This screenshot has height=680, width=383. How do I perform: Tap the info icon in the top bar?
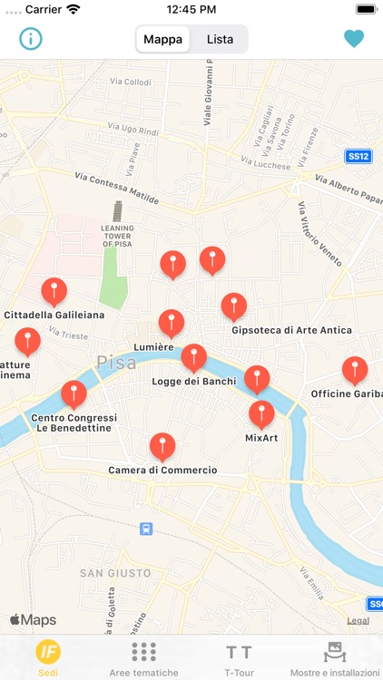(x=32, y=39)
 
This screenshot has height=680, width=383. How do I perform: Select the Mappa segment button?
(x=162, y=39)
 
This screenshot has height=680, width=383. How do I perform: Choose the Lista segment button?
(x=220, y=39)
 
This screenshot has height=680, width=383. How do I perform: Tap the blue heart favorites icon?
(x=354, y=39)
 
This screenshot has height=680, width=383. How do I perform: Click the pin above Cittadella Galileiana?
(x=54, y=291)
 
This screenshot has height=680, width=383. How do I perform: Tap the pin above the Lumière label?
(x=172, y=323)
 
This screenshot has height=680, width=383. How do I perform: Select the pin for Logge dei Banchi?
(x=194, y=357)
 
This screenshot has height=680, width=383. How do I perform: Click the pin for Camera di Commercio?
(x=162, y=446)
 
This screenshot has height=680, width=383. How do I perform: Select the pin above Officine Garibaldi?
(x=355, y=370)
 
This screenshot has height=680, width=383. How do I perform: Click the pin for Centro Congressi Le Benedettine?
(x=74, y=393)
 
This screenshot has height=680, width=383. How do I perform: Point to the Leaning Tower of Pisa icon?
(x=117, y=211)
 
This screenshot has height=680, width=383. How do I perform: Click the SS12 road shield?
(x=358, y=156)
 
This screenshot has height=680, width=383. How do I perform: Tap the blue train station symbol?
(x=146, y=529)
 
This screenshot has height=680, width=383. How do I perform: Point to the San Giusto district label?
(x=115, y=573)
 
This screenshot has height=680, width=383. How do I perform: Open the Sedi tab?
(x=48, y=657)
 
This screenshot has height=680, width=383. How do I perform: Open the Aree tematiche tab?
(x=143, y=657)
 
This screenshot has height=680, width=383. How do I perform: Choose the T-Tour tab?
(x=239, y=657)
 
